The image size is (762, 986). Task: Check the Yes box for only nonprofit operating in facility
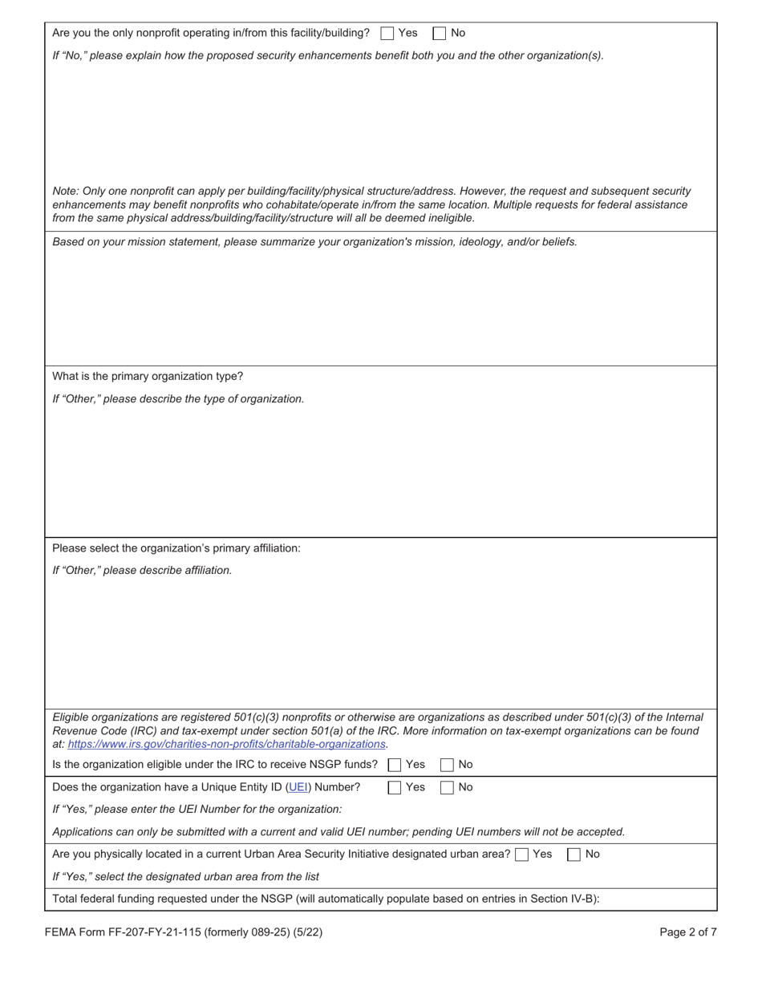point(387,34)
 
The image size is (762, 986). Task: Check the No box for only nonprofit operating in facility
point(440,34)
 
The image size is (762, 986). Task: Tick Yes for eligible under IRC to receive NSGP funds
point(395,765)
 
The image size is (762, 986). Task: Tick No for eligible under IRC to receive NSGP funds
point(448,765)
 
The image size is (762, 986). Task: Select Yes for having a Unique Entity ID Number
point(395,787)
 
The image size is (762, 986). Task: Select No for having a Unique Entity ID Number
point(448,787)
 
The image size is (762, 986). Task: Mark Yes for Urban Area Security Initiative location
point(522,855)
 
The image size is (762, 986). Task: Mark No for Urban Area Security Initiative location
point(574,855)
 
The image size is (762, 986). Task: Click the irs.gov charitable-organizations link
point(227,744)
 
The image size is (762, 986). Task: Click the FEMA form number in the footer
point(184,932)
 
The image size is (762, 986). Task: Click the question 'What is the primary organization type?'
point(148,376)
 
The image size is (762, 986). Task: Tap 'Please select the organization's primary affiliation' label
point(176,548)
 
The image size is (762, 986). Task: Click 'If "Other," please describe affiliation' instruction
point(142,571)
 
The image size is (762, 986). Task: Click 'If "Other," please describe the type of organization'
point(178,398)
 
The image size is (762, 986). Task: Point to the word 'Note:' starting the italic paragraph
point(66,192)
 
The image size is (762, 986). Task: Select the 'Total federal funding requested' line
point(326,899)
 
